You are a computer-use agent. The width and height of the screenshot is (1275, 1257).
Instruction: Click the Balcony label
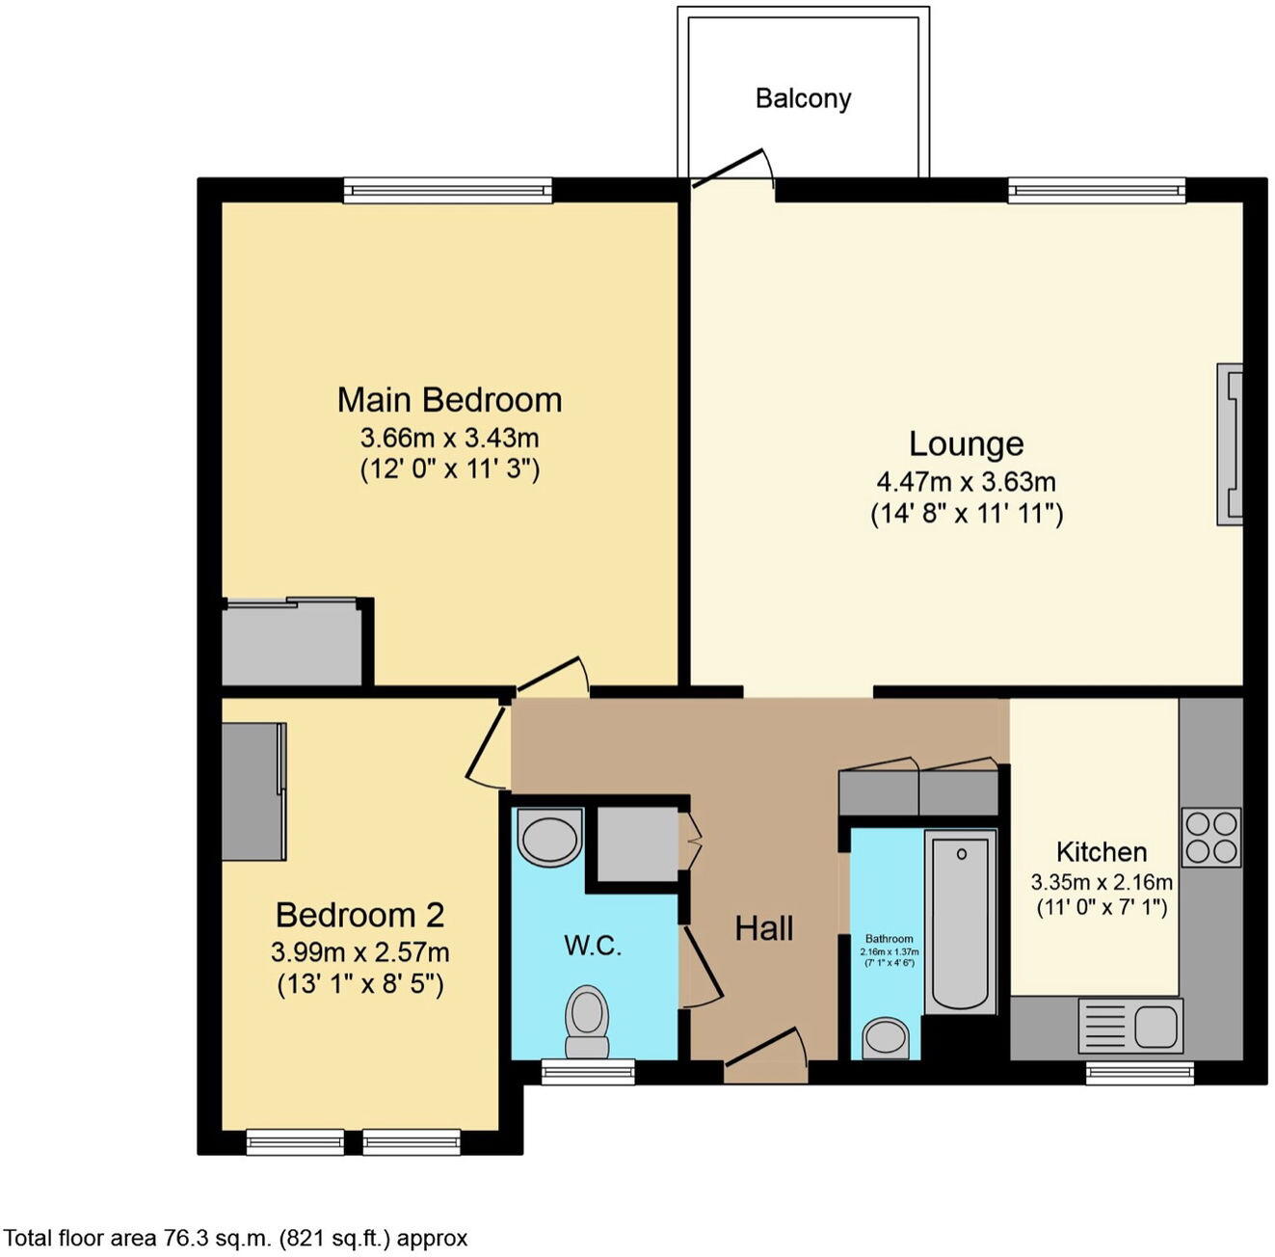[x=803, y=98]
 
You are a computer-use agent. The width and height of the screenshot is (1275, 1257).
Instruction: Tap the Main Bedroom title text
[x=449, y=399]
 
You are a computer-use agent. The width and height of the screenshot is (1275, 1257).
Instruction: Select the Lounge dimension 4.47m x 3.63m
[x=966, y=481]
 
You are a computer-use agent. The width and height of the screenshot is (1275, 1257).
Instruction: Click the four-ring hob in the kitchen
[x=1210, y=837]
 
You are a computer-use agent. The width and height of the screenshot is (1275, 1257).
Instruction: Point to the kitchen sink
[x=1130, y=1025]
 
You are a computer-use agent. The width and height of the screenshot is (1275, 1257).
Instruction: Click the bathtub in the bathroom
[x=960, y=921]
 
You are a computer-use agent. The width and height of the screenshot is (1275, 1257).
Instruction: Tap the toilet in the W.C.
[x=587, y=1022]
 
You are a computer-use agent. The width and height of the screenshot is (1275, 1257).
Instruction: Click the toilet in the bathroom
[x=885, y=1038]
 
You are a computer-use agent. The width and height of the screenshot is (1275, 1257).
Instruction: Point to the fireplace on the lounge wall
[x=1230, y=444]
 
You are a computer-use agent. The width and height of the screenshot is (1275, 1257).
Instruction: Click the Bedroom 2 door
[x=487, y=746]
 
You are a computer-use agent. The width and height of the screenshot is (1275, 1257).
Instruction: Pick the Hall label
[x=764, y=928]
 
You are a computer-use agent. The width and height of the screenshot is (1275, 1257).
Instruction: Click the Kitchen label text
[x=1102, y=852]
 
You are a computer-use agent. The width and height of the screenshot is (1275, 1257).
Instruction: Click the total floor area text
[x=236, y=1238]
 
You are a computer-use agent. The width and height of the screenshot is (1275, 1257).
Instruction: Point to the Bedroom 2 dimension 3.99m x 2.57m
[x=359, y=952]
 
